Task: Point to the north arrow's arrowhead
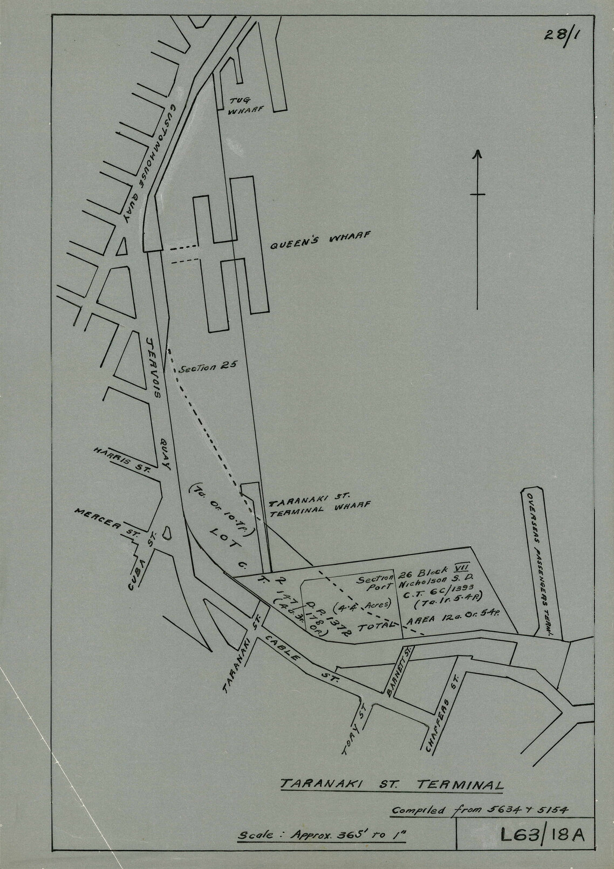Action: click(x=477, y=155)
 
